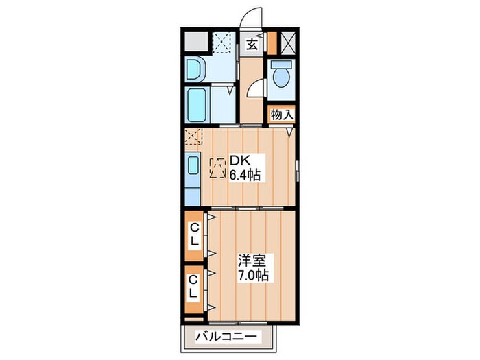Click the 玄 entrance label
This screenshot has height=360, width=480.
pos(252,45)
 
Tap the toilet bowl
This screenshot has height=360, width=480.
pos(280,75)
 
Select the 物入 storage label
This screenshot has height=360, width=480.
pos(282,114)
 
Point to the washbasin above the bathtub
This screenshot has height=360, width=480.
pos(195,69)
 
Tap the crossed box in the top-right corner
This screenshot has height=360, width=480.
pos(288,43)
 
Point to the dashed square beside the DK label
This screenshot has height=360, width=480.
pos(218,168)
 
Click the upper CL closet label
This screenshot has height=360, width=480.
pos(194,235)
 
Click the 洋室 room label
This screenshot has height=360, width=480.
pos(252,261)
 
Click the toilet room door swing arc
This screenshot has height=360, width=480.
pos(256,88)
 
